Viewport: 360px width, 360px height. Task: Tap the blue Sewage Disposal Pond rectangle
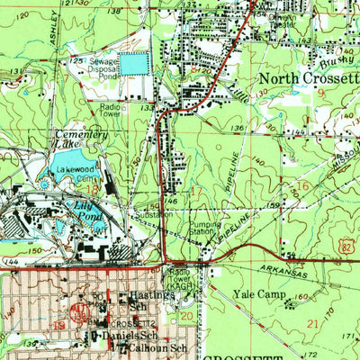point(132,64)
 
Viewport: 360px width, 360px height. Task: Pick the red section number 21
point(313,322)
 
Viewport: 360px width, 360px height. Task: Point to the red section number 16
point(303,185)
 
